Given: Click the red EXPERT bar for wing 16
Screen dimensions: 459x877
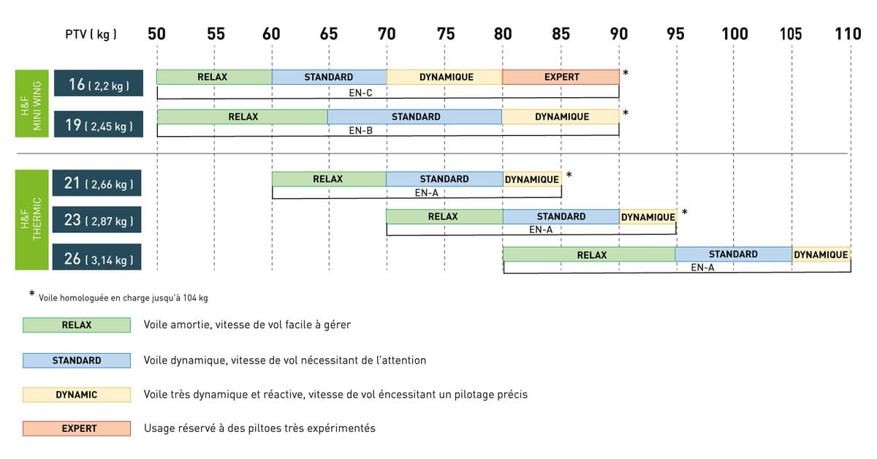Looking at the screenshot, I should pos(561,77).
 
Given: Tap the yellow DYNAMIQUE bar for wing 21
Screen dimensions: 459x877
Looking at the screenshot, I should pos(531,179).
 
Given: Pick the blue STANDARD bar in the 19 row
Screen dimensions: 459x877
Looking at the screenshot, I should pos(414,117).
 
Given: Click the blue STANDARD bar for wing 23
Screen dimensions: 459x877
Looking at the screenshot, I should pos(561,216).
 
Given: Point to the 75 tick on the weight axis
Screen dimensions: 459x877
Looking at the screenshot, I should pos(445,34).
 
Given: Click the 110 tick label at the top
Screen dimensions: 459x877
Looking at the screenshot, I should pos(848,34).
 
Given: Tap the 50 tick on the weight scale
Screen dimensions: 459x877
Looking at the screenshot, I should pos(156,34).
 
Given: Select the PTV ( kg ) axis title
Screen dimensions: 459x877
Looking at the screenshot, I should pos(91,34).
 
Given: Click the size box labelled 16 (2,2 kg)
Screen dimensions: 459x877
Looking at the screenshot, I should pos(97,85).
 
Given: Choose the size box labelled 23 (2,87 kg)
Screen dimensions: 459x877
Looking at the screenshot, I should pos(97,220).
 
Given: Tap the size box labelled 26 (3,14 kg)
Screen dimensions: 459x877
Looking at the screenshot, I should pos(97,258).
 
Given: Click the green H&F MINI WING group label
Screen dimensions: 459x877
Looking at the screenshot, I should pos(31,103).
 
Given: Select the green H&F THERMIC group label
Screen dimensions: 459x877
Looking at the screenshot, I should pos(31,220).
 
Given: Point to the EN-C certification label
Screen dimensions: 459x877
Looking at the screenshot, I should pos(362,92).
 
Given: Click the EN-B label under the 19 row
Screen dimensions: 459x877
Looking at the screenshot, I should pos(362,130).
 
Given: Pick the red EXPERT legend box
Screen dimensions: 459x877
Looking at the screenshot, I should pos(77,428).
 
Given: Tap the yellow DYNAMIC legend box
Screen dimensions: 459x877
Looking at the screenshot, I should pos(77,395).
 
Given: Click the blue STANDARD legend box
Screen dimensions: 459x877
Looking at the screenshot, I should pos(77,360).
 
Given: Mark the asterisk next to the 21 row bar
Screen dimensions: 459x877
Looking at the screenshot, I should pos(569,175).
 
